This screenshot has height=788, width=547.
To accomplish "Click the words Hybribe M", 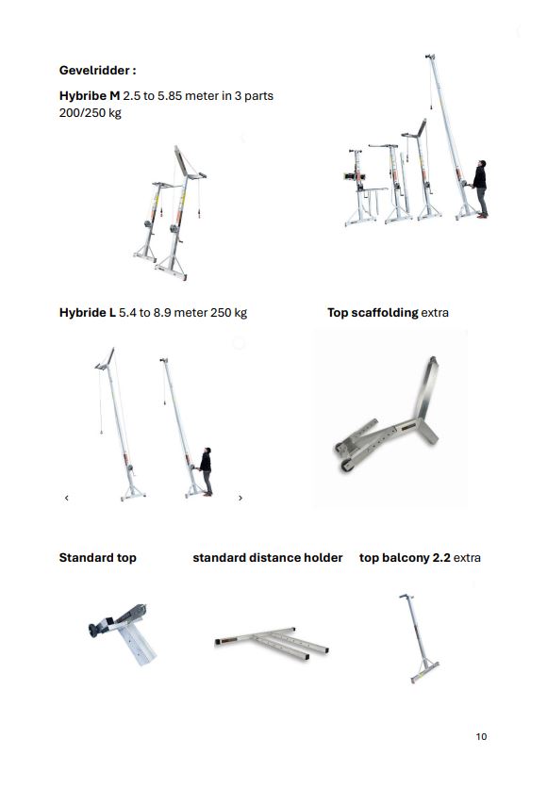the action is click(x=90, y=95).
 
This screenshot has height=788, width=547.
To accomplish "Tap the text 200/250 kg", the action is click(x=90, y=112).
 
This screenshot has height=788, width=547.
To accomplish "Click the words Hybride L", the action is click(x=88, y=313).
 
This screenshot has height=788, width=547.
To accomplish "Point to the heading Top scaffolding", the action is click(x=373, y=313).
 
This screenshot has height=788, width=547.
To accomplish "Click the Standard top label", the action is click(x=97, y=558).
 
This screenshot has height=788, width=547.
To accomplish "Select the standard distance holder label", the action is click(x=268, y=558).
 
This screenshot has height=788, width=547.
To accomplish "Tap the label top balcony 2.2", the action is click(x=405, y=558).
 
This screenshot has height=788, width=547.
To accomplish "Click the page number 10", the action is click(x=481, y=736).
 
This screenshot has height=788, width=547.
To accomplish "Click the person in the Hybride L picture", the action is click(x=206, y=471).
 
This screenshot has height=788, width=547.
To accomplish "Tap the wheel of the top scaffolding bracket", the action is click(x=346, y=466).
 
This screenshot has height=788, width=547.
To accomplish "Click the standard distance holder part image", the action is click(x=272, y=642).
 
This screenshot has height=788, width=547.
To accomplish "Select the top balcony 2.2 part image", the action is click(x=418, y=638).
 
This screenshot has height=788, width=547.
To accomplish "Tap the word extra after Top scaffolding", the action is click(x=435, y=313).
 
